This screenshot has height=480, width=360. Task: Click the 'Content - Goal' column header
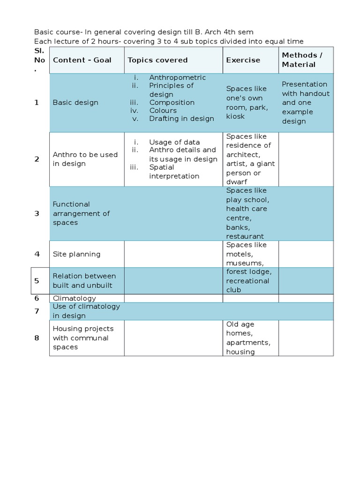82,60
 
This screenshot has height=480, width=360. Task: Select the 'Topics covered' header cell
157,60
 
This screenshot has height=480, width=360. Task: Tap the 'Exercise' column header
243,60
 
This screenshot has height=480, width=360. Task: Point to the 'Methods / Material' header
302,60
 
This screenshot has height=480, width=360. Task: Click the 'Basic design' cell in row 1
75,103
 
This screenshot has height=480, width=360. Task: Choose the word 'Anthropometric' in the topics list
177,77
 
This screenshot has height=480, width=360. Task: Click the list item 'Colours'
163,111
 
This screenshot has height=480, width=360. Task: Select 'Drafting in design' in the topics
181,119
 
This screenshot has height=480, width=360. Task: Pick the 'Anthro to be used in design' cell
85,159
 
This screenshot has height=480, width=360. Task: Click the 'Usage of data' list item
174,142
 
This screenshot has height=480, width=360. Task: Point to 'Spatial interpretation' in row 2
174,172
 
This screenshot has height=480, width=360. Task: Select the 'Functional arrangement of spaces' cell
81,213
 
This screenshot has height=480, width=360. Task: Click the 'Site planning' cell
76,254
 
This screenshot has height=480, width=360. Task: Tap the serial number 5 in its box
37,281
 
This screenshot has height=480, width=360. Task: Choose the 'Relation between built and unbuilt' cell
84,280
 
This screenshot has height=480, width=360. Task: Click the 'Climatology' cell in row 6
74,298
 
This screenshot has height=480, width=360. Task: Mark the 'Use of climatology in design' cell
86,311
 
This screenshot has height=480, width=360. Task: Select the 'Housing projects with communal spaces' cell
83,337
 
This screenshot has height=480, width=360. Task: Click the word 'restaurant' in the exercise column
245,236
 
